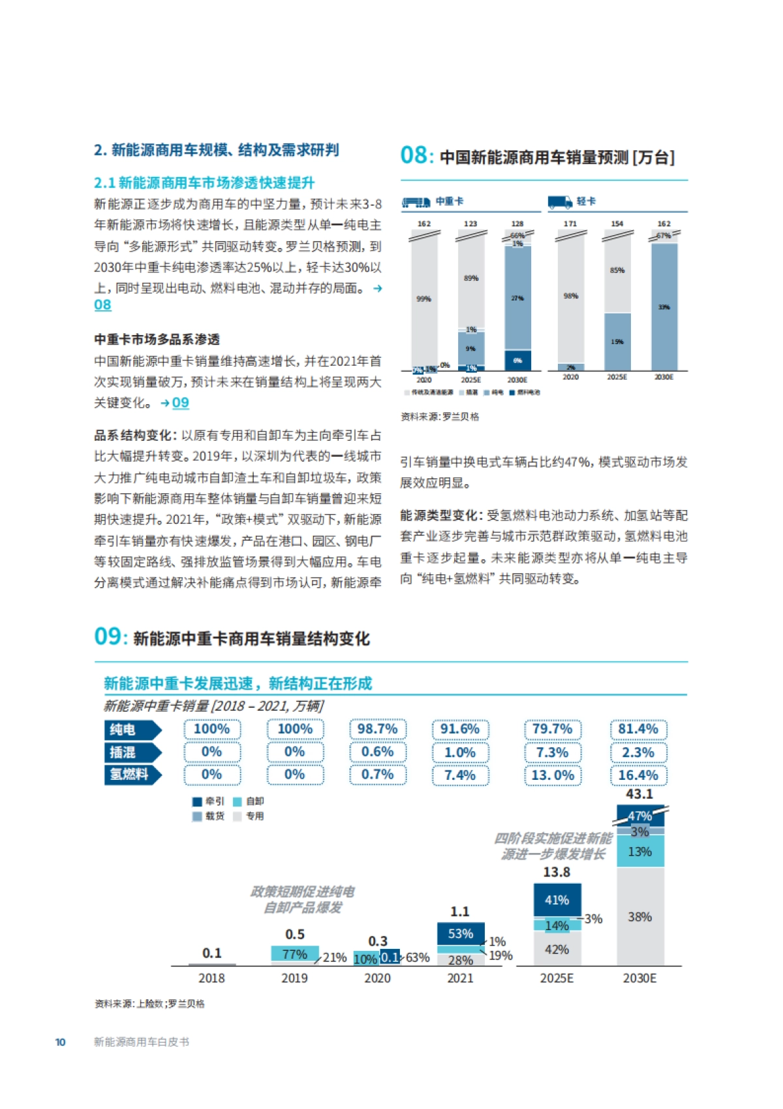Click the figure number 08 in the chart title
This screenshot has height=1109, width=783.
[414, 155]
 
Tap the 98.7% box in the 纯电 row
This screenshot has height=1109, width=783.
[377, 729]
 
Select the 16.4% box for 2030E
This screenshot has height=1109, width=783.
[638, 775]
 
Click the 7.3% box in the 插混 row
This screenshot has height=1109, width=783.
[552, 752]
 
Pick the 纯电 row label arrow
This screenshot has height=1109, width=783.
[132, 730]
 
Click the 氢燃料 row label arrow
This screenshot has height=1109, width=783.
[132, 775]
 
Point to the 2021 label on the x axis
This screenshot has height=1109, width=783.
[460, 978]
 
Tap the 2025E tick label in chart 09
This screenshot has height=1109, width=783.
[557, 978]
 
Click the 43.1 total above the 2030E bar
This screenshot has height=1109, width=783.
[639, 794]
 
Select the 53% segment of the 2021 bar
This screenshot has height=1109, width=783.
[461, 934]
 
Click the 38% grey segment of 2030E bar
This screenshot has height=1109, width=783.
[639, 917]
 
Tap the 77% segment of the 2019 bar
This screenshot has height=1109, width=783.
[294, 954]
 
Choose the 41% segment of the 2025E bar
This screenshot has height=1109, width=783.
[557, 900]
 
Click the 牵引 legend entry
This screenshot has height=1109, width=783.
[208, 801]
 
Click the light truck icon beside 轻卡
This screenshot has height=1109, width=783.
[560, 202]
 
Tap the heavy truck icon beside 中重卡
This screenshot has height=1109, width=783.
[416, 202]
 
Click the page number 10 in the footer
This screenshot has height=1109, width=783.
[60, 1042]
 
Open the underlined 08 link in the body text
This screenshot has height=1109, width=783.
[102, 305]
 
